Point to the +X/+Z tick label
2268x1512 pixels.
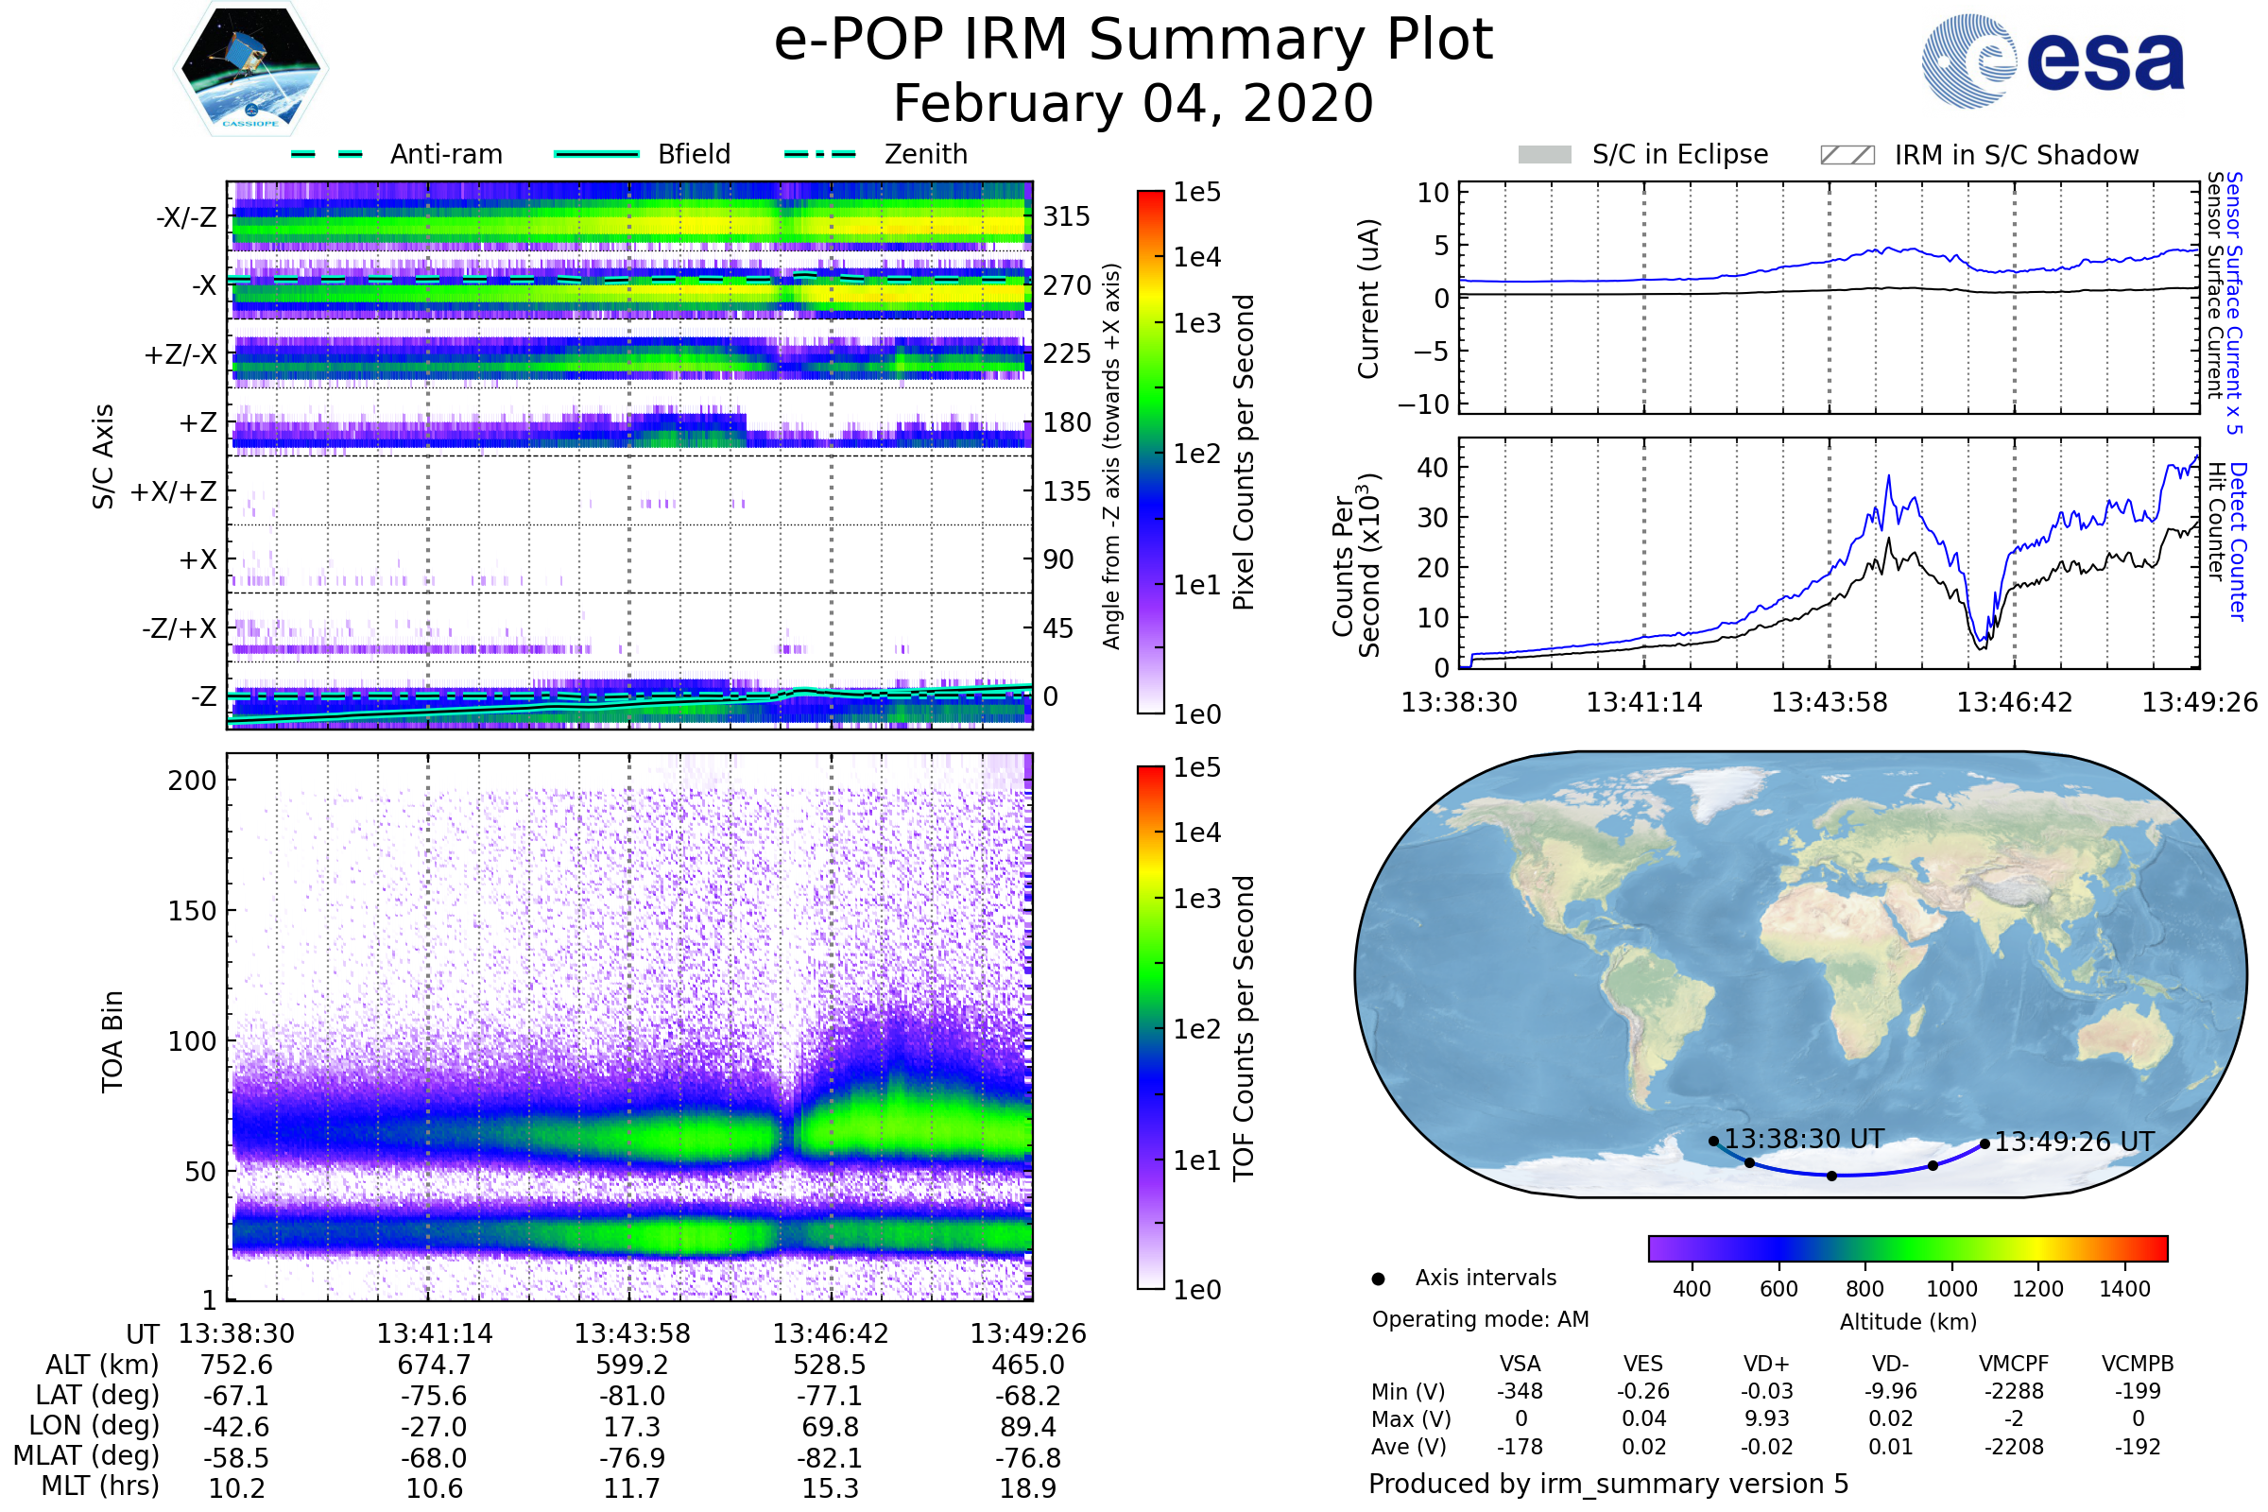(174, 491)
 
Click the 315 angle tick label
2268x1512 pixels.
(1066, 216)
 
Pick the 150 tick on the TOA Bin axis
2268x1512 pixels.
(192, 911)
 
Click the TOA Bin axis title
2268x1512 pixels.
(112, 1040)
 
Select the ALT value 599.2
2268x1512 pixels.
(631, 1365)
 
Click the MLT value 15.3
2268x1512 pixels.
(830, 1487)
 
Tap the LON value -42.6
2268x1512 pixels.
(236, 1426)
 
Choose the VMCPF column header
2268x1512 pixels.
(2014, 1364)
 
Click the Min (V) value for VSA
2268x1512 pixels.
(1520, 1391)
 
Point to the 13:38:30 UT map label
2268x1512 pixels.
(1803, 1139)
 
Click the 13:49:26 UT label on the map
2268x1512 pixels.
(2073, 1142)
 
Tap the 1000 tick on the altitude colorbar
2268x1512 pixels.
(1950, 1289)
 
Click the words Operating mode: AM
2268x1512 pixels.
(1480, 1319)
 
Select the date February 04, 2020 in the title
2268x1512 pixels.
(1133, 103)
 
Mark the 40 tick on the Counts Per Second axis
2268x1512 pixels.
(1432, 468)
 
